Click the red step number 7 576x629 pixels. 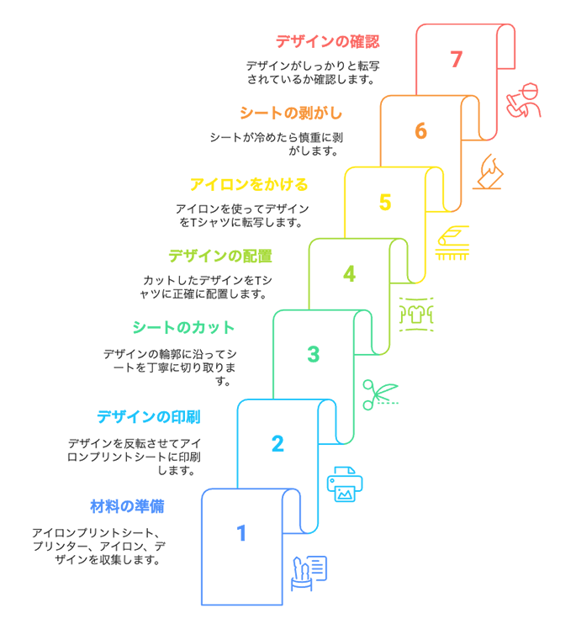pyautogui.click(x=456, y=60)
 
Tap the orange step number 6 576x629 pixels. pyautogui.click(x=420, y=131)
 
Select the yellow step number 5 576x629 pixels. pyautogui.click(x=385, y=202)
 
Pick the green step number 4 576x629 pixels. pyautogui.click(x=349, y=273)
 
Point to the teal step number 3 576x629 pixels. pyautogui.click(x=314, y=354)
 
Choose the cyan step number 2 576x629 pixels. pyautogui.click(x=277, y=444)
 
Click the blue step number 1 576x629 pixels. pyautogui.click(x=241, y=533)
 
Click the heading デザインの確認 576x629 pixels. pyautogui.click(x=327, y=41)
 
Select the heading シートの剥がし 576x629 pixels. pyautogui.click(x=291, y=113)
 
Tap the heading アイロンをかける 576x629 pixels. pyautogui.click(x=249, y=184)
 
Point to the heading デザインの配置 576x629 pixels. pyautogui.click(x=220, y=256)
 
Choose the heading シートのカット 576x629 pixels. pyautogui.click(x=183, y=327)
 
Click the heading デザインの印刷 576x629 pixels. pyautogui.click(x=148, y=417)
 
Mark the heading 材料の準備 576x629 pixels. pyautogui.click(x=127, y=506)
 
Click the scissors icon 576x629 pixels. pyautogui.click(x=380, y=394)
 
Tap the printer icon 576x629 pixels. pyautogui.click(x=345, y=484)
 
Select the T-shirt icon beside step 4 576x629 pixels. pyautogui.click(x=416, y=314)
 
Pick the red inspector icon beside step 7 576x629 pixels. pyautogui.click(x=524, y=100)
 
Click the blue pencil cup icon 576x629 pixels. pyautogui.click(x=309, y=573)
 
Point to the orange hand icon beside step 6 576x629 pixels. pyautogui.click(x=488, y=172)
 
